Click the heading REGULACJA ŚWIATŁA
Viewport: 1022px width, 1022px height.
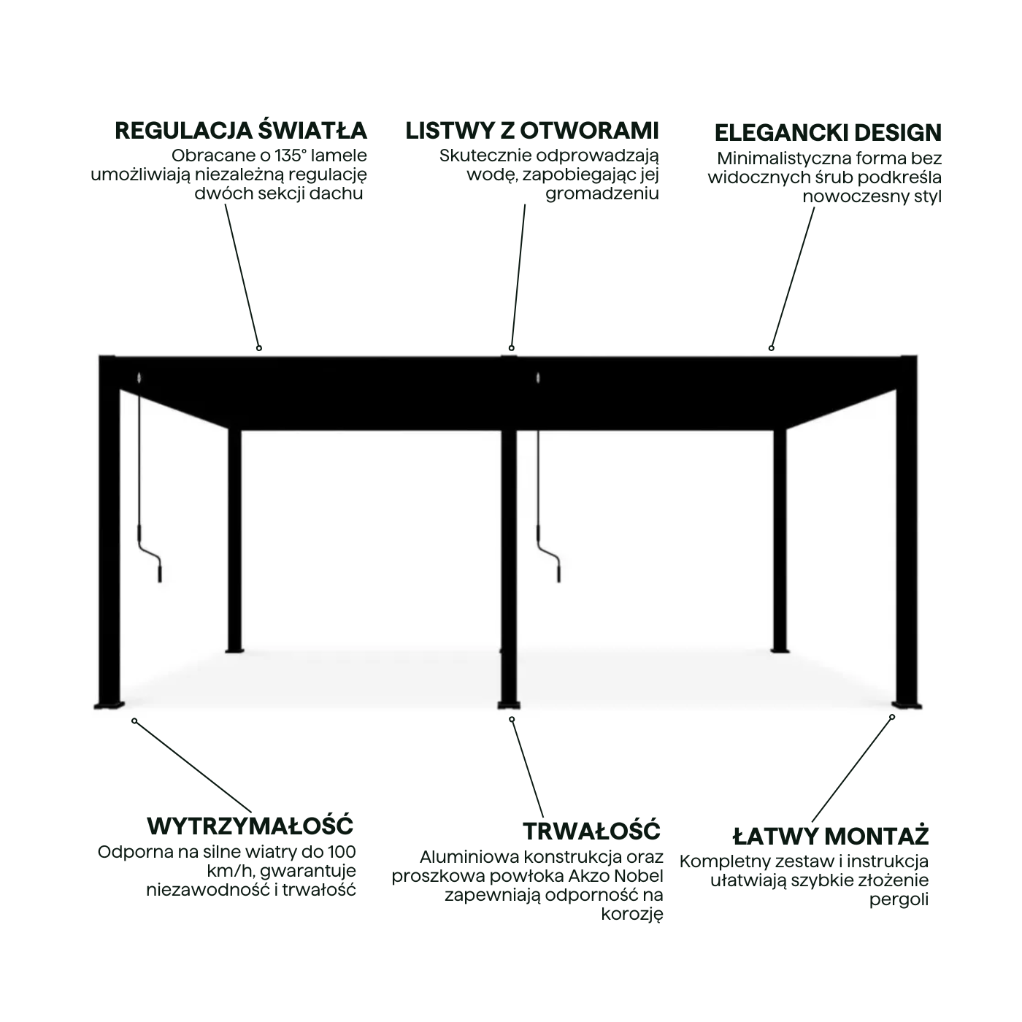click(241, 131)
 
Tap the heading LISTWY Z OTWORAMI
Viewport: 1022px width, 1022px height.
click(532, 131)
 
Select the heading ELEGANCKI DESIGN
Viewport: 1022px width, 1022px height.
click(828, 133)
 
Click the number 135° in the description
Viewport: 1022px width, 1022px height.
click(291, 155)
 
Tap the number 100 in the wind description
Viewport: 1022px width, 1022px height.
click(342, 853)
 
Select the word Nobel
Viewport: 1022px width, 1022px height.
click(637, 875)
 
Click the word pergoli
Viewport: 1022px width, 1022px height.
click(899, 901)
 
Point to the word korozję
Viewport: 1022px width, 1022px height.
click(632, 915)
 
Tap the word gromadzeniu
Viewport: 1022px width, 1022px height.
click(602, 193)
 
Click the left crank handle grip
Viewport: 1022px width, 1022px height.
click(160, 573)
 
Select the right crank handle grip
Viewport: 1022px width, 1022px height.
click(558, 573)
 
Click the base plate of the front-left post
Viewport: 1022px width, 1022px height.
click(109, 705)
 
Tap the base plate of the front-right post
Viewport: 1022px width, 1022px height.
click(907, 705)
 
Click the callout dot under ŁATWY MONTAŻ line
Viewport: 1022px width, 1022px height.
click(892, 717)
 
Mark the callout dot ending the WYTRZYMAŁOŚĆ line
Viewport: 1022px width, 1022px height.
click(135, 721)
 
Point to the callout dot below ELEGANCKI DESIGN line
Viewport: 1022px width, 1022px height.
click(771, 348)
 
